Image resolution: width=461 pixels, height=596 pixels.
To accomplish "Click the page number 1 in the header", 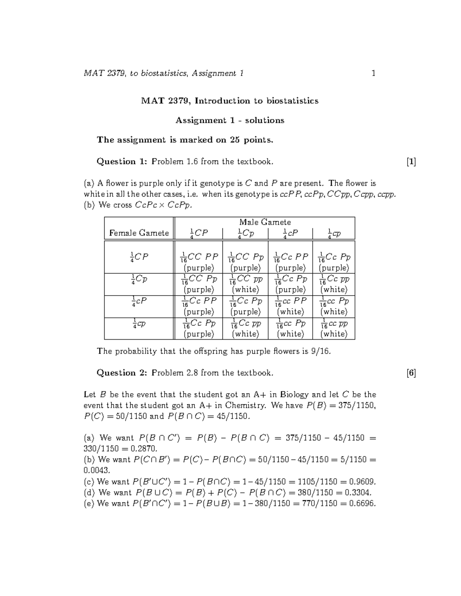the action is [x=373, y=73].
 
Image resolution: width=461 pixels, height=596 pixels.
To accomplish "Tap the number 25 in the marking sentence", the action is [x=235, y=140].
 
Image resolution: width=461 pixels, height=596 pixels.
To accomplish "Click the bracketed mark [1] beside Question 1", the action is [x=411, y=162].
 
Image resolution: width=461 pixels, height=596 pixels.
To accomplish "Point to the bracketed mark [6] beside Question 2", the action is [x=411, y=373].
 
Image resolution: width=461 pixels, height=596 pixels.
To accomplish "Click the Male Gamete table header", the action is [x=265, y=222].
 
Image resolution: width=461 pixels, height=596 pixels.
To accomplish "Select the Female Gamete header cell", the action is [x=139, y=233].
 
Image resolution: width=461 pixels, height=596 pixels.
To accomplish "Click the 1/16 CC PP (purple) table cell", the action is [x=199, y=261].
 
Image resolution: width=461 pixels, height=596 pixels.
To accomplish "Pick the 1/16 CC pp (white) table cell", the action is [x=245, y=284].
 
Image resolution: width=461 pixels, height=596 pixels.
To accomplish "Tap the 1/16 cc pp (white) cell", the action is [x=334, y=328].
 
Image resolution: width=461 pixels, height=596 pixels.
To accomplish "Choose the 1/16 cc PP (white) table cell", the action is [x=290, y=306].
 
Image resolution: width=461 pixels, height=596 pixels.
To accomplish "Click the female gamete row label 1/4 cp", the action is [x=139, y=324].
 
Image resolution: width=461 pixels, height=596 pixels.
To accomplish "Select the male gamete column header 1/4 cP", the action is [x=290, y=233].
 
